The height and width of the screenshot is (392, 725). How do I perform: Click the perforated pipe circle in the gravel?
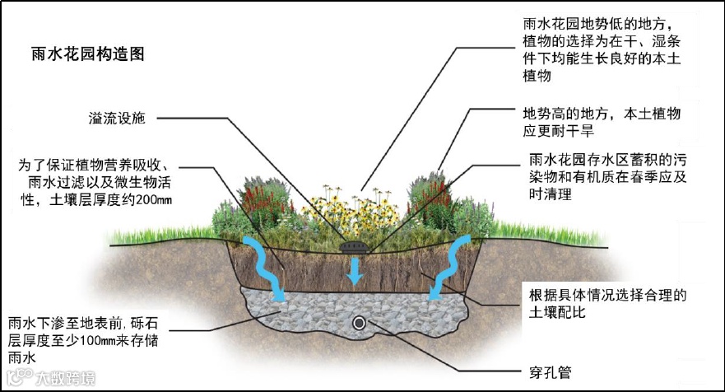(359, 323)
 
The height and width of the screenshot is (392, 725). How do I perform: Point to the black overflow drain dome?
(356, 245)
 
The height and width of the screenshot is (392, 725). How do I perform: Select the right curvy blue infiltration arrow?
(449, 262)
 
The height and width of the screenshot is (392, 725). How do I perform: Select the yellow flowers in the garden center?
(346, 206)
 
